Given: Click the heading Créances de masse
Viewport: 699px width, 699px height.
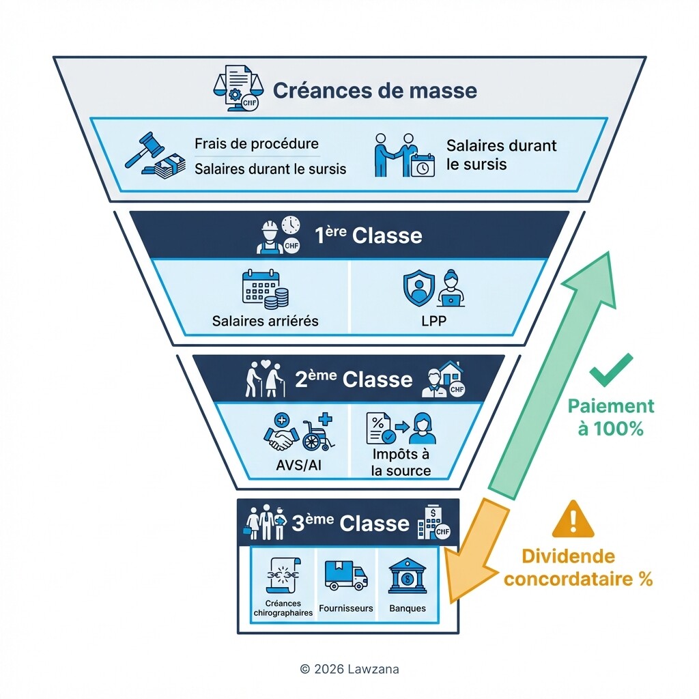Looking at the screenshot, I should (x=375, y=91).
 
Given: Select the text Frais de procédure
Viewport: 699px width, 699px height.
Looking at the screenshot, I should (x=256, y=144).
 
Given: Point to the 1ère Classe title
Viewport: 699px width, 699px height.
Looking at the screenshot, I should (x=368, y=236).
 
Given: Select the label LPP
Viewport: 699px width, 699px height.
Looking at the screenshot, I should (x=433, y=321).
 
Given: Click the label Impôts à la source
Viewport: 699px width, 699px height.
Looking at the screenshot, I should (x=401, y=462).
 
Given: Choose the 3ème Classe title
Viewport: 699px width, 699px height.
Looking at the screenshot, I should (x=350, y=524).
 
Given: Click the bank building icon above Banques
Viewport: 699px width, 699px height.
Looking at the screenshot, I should (x=408, y=577).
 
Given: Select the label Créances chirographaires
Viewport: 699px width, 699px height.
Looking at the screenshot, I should (x=283, y=608).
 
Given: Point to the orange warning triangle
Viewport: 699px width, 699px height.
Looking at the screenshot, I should (x=572, y=520).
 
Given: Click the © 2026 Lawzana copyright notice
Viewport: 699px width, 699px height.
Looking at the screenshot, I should (x=349, y=669).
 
